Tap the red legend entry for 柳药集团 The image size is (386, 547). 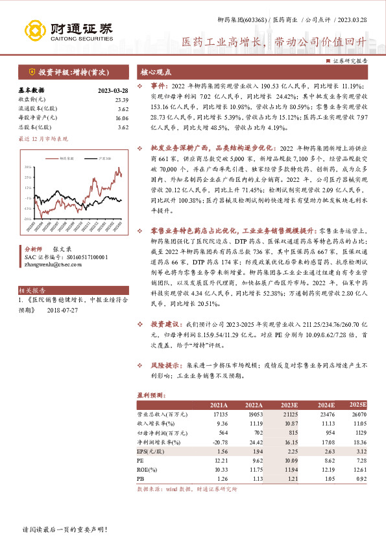coord(65,158)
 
